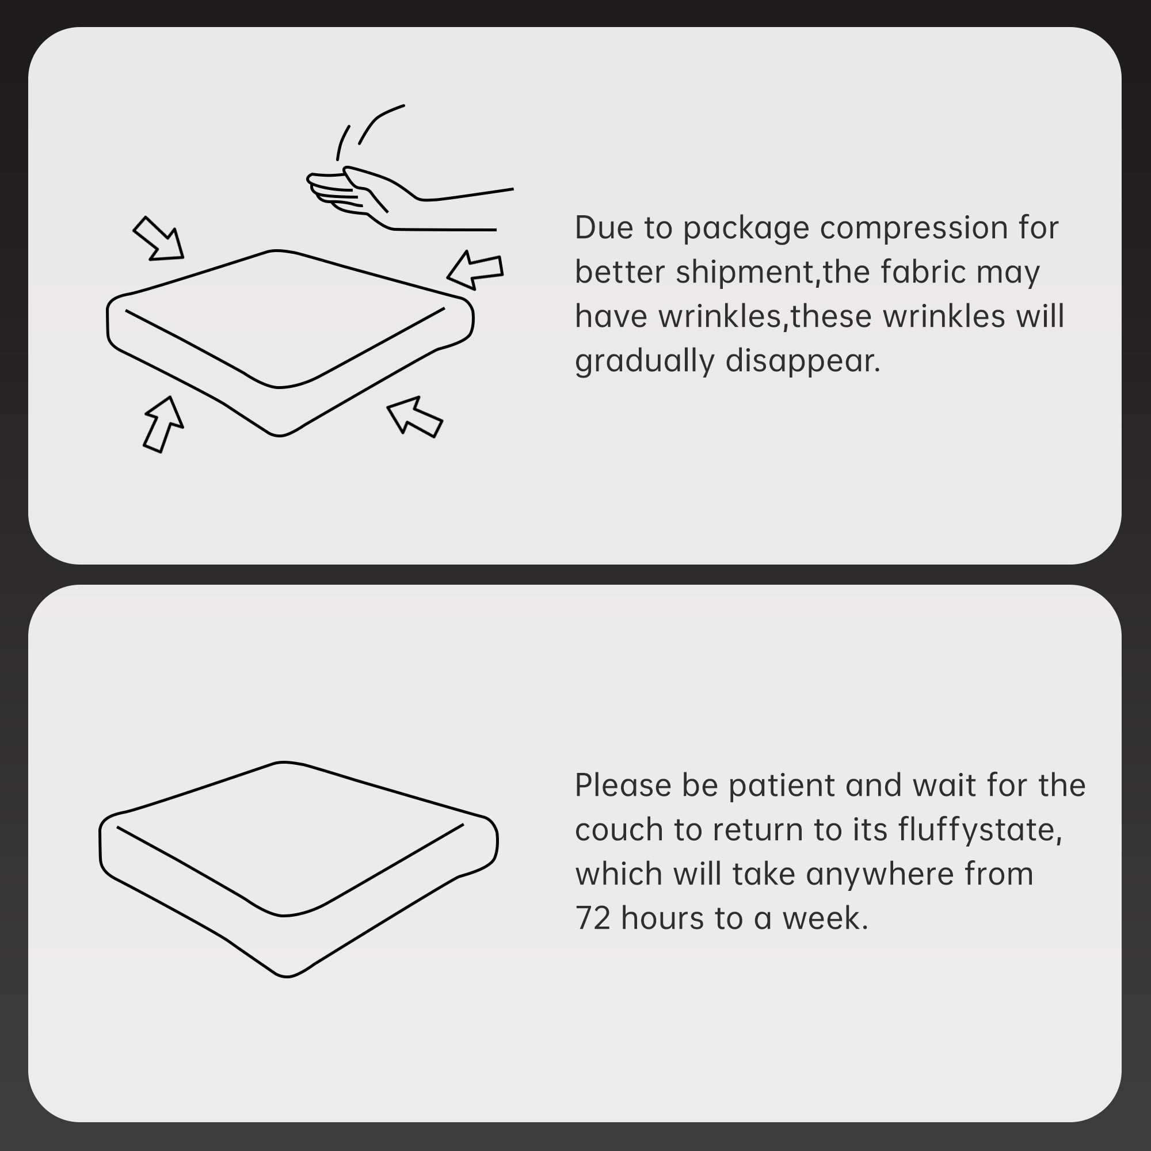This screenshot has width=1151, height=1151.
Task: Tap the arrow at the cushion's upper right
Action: [x=475, y=270]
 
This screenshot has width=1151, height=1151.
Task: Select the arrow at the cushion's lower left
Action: [x=163, y=424]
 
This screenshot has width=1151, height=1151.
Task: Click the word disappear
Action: [x=802, y=361]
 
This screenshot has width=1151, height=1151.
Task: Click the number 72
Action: [x=593, y=918]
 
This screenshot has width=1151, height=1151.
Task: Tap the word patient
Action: [x=782, y=786]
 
